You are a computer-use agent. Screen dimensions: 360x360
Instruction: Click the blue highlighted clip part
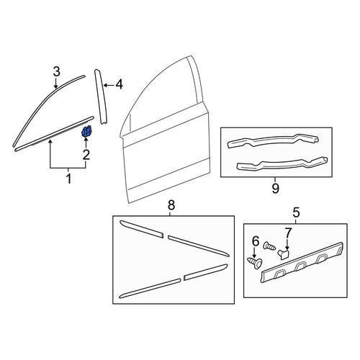87,131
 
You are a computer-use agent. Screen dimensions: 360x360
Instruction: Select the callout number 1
69,179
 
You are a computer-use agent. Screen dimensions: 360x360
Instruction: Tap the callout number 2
86,154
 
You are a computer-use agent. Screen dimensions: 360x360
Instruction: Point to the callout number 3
56,72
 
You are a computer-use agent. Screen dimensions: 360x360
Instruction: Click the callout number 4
120,84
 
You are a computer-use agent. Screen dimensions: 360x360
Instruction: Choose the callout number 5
296,212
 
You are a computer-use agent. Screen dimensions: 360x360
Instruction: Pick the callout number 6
256,241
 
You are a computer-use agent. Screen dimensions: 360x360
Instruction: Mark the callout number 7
288,233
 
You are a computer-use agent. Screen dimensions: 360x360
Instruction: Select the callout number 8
171,205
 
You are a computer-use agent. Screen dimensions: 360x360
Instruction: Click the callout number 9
276,189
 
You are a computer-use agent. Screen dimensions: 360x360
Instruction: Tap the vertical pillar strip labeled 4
101,97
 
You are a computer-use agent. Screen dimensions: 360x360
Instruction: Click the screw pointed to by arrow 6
255,262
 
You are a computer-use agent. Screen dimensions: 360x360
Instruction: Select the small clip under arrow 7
284,254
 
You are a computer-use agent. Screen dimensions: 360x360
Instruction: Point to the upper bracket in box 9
273,141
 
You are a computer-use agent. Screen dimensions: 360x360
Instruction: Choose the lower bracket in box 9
282,164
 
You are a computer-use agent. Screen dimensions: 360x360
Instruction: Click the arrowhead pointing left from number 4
105,85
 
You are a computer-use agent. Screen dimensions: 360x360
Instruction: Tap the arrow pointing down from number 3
55,83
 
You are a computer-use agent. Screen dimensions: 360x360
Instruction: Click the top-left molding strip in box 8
142,229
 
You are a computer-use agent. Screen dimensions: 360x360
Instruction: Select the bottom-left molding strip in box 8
150,288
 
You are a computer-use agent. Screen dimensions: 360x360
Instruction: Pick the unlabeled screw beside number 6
269,246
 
